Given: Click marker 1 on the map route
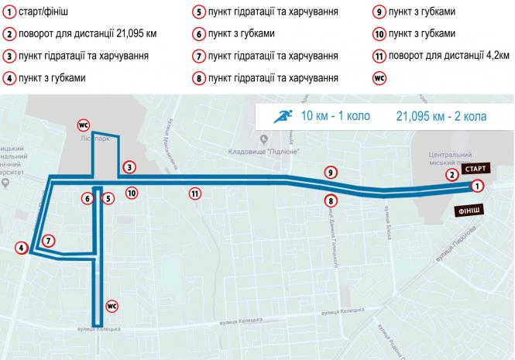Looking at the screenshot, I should coord(478,186).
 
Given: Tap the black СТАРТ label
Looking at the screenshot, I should coord(476,168).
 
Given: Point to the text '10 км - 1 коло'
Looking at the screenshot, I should coord(335,117).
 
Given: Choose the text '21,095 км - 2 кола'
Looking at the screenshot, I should coord(441,117).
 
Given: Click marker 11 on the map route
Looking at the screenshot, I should coord(195,194).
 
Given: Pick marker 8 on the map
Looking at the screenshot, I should coord(331,201).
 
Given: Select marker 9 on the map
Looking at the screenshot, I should coord(331,172).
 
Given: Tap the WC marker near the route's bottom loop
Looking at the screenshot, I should coord(111,304).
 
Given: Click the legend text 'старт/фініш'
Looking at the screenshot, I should coord(47,12).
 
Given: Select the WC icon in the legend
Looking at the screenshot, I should coord(379,77).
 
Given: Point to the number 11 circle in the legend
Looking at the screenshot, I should coord(379,56).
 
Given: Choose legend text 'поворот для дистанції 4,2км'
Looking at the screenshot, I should coord(450,56).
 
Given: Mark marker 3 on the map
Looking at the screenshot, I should coord(129,167).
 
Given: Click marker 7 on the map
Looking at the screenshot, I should coord(48,241).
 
